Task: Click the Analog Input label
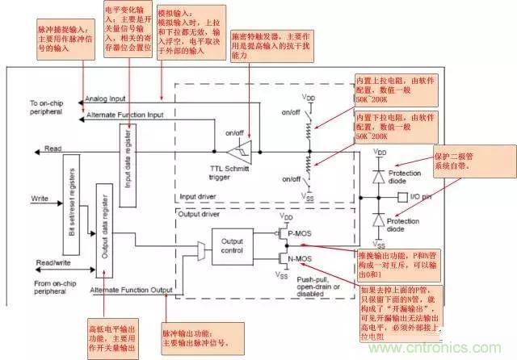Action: click(x=107, y=99)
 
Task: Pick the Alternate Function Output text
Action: click(x=131, y=289)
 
